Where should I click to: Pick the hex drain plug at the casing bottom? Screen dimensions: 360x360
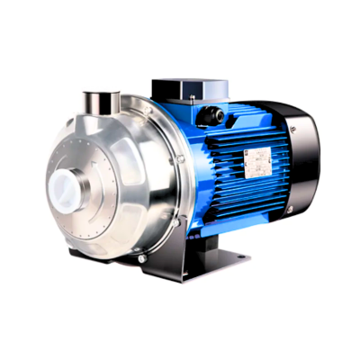pos(142,258)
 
